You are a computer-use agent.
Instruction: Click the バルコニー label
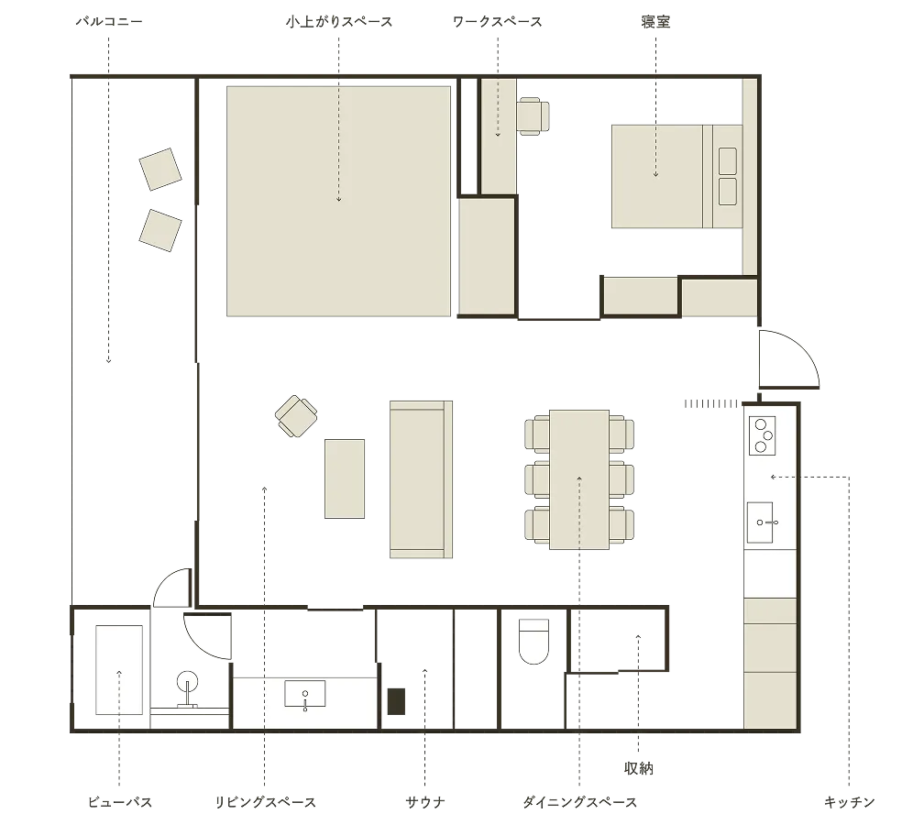[x=109, y=22]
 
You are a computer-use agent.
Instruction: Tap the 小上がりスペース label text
[x=339, y=22]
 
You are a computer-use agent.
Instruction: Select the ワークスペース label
[x=497, y=22]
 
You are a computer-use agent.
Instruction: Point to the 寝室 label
[x=655, y=22]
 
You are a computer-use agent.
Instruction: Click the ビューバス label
[x=120, y=802]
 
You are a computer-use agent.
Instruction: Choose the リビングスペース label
[x=265, y=802]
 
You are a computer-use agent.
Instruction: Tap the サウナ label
[x=425, y=802]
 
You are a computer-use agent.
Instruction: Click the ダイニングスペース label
[x=580, y=802]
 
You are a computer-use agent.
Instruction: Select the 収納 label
[x=639, y=768]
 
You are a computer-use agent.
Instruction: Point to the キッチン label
[x=850, y=802]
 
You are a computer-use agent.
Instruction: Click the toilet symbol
[x=533, y=641]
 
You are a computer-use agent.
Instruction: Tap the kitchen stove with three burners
[x=762, y=435]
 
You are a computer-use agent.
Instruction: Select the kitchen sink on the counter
[x=761, y=522]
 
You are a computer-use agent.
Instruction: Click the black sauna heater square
[x=397, y=701]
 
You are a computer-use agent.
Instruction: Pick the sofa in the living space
[x=421, y=479]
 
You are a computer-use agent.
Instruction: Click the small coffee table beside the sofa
[x=345, y=478]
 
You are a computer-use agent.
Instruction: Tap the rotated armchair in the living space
[x=296, y=415]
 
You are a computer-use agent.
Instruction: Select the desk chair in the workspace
[x=533, y=115]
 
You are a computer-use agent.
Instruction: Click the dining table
[x=579, y=479]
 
